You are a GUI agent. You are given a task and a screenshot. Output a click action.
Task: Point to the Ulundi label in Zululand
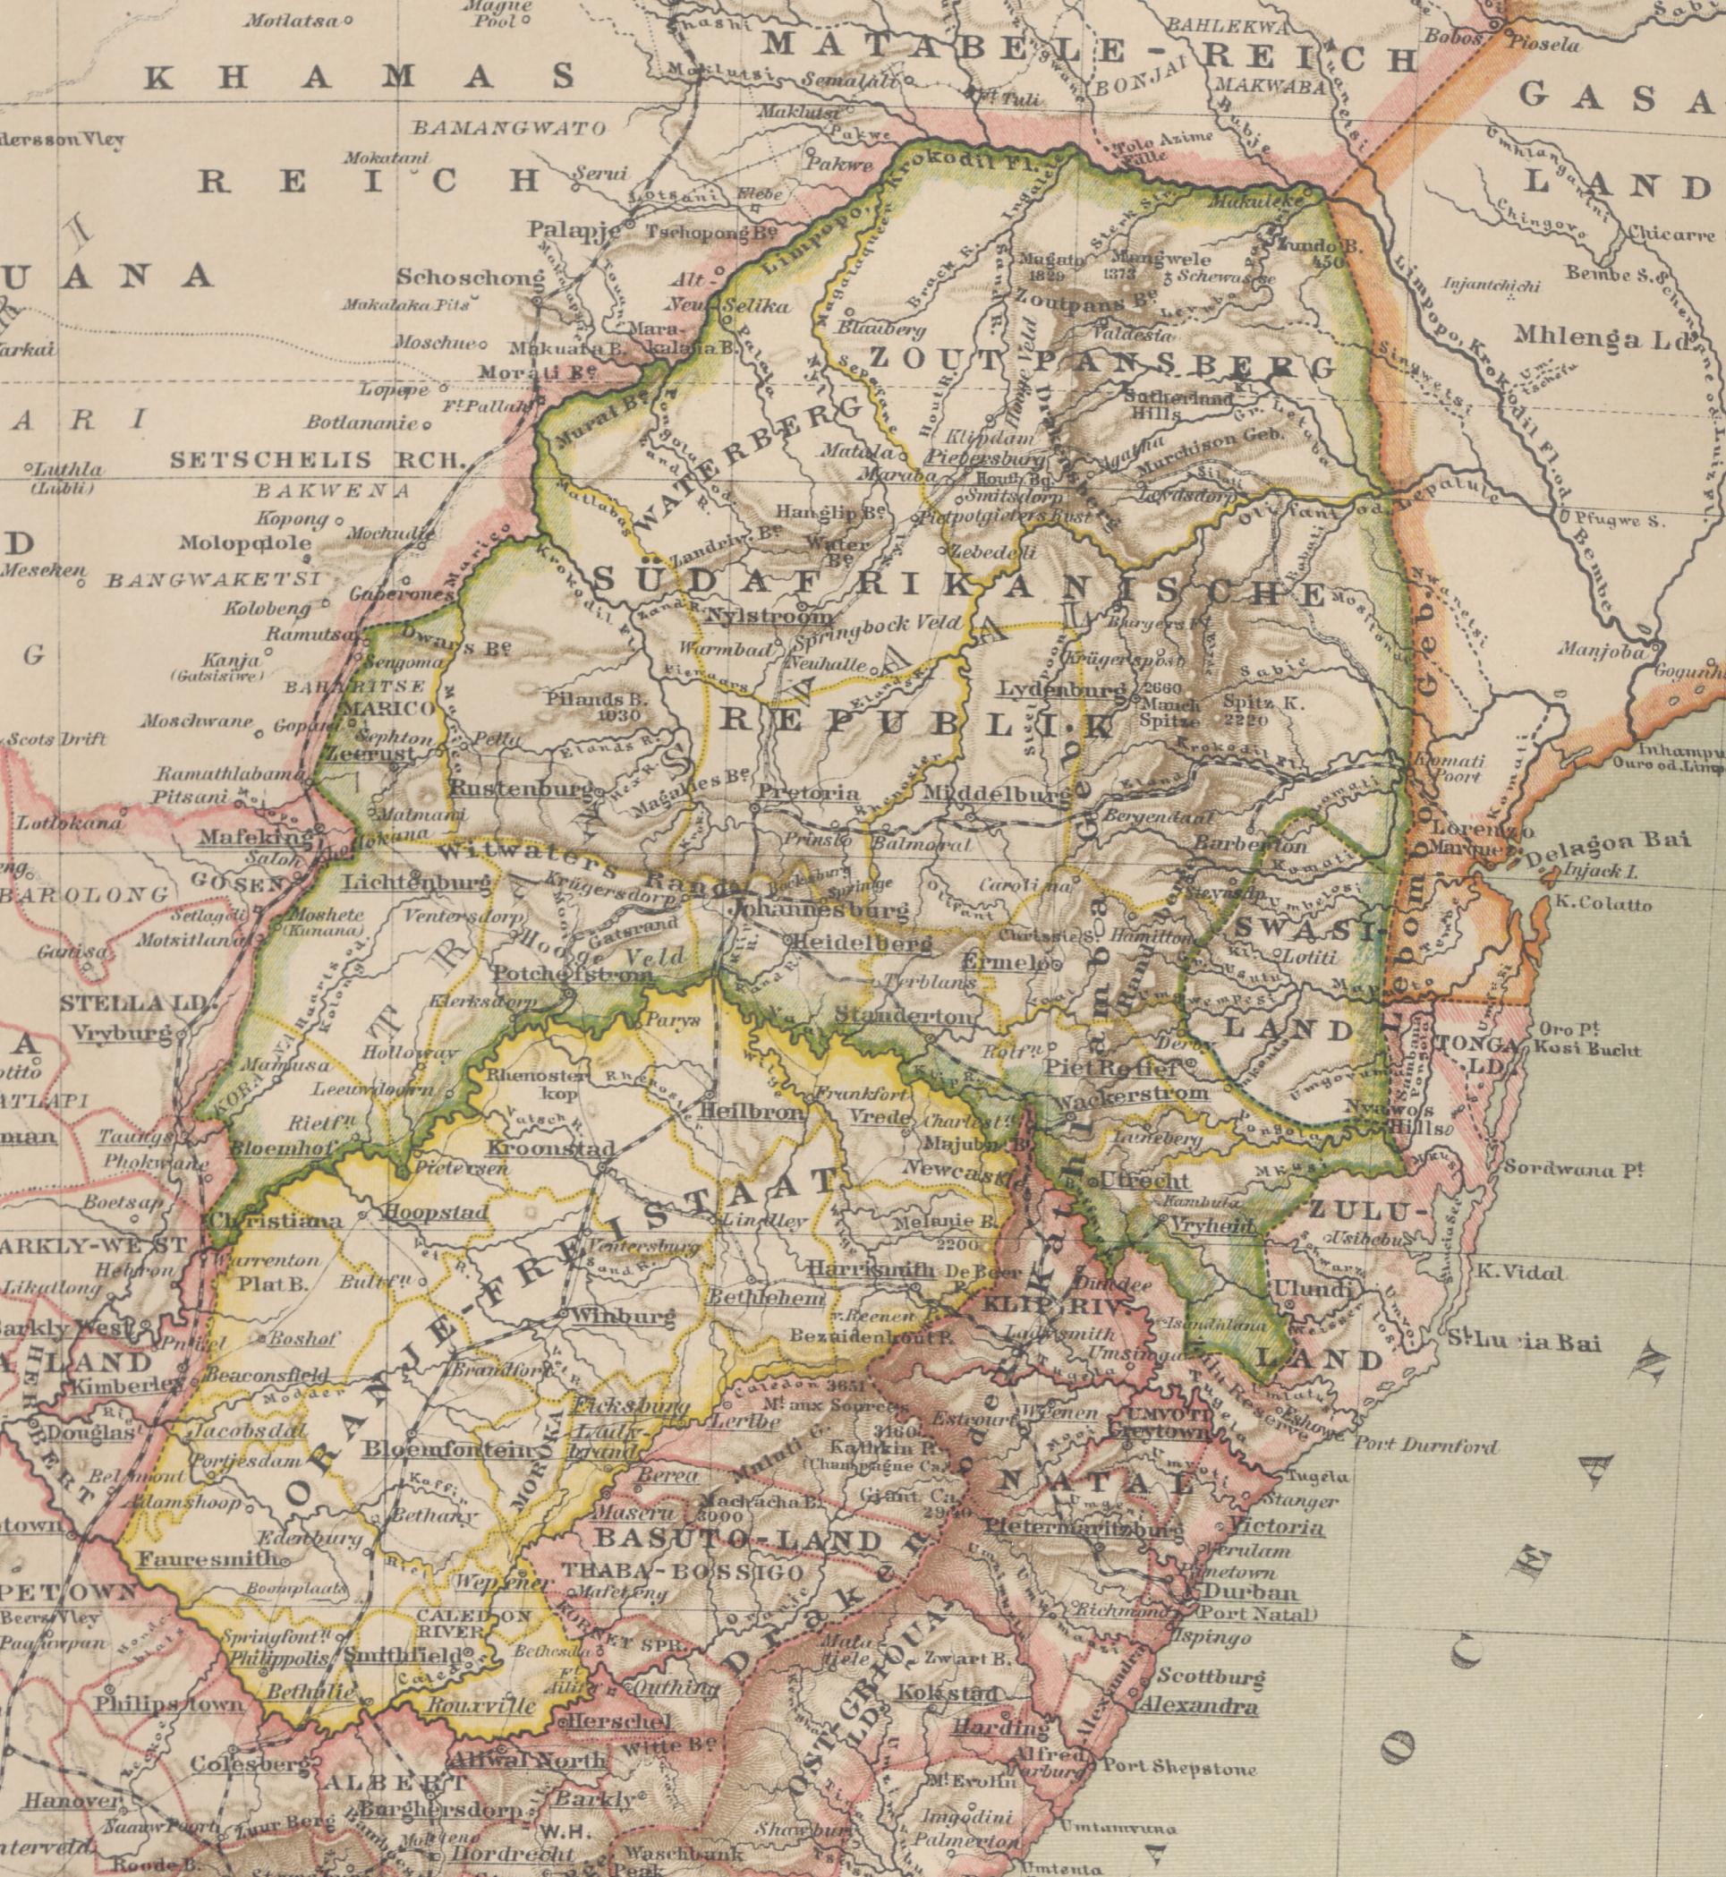point(1320,1289)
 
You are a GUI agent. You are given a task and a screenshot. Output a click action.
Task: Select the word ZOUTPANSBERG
point(1102,363)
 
